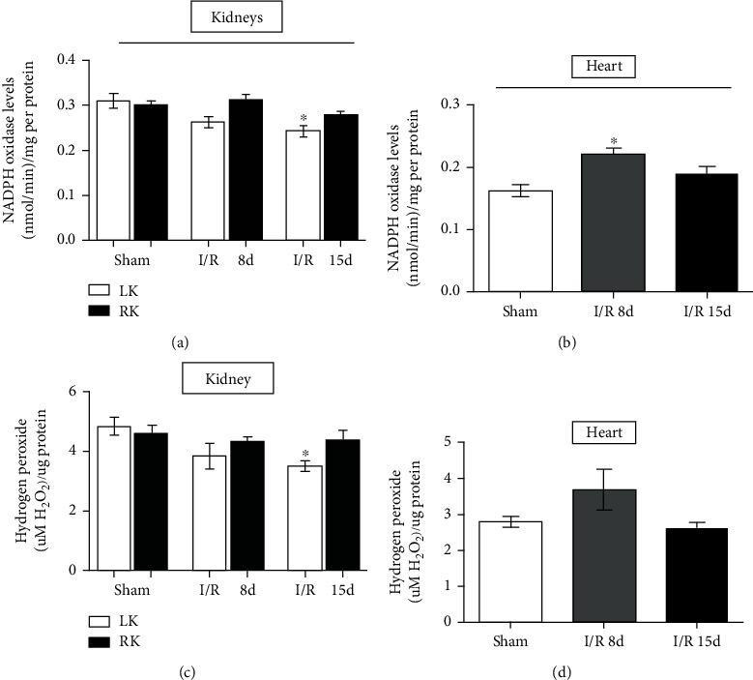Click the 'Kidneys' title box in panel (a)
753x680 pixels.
pos(237,18)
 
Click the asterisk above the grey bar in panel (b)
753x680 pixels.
pos(613,141)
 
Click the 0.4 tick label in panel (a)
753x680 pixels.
pos(67,60)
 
